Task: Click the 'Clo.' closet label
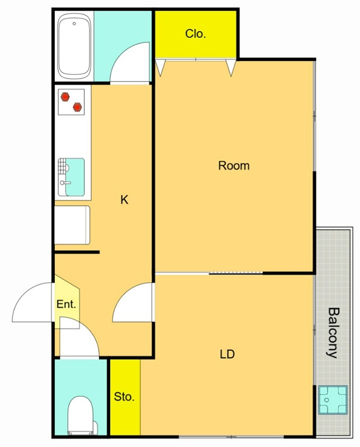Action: click(196, 34)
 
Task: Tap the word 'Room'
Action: click(234, 165)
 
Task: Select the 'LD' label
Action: click(228, 354)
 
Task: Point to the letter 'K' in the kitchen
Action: click(124, 199)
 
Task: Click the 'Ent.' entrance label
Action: click(66, 304)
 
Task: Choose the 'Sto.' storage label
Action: click(124, 397)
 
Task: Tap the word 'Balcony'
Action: click(333, 332)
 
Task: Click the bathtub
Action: click(74, 46)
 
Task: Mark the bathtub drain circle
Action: click(74, 23)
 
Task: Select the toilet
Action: click(80, 415)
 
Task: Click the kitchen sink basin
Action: click(75, 177)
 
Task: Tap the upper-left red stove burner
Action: click(65, 97)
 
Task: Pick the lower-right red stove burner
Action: click(77, 107)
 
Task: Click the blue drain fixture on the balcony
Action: click(333, 400)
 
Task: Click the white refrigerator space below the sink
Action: click(72, 225)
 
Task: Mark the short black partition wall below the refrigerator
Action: click(77, 252)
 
